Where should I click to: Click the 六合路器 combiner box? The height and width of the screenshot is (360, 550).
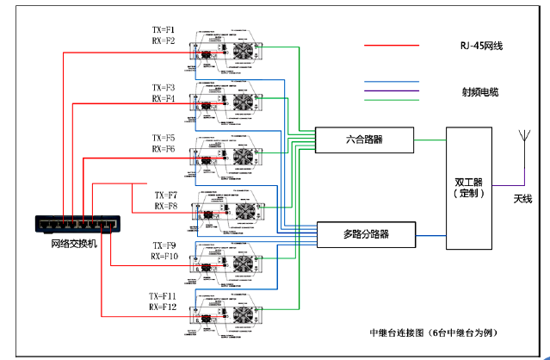364,138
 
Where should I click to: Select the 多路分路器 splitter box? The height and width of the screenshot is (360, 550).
366,233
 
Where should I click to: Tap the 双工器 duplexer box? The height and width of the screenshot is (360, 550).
469,187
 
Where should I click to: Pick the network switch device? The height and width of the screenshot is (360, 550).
76,223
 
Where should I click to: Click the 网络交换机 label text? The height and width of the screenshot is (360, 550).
74,244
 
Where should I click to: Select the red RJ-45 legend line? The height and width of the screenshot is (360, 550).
392,46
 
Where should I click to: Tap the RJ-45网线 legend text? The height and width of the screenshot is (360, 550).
481,46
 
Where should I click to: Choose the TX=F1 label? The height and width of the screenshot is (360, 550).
164,29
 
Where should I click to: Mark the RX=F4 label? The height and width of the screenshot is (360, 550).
164,99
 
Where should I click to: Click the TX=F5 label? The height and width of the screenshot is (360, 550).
164,138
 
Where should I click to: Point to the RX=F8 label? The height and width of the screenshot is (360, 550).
166,207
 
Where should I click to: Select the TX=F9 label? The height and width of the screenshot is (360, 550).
164,245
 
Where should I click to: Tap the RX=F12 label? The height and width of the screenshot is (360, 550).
164,307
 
